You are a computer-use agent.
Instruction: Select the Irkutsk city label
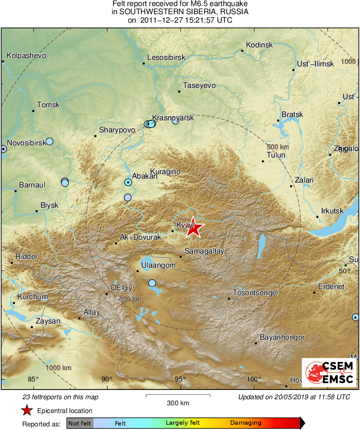tap(332, 211)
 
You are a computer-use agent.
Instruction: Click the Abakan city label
tap(145, 177)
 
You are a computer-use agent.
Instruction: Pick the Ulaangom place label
tap(158, 265)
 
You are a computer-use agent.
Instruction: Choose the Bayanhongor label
tap(282, 337)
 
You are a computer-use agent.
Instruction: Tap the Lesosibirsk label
tap(166, 57)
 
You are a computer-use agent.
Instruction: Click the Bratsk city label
tap(292, 115)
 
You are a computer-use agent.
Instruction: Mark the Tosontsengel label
tap(255, 293)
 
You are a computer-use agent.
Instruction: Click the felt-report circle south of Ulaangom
tap(152, 283)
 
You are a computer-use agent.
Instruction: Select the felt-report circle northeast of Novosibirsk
tap(49, 141)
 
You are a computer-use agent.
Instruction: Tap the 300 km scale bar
tap(178, 395)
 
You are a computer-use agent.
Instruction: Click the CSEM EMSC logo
tap(329, 373)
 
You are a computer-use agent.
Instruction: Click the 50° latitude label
tap(344, 270)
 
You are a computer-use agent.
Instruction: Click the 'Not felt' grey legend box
tap(80, 423)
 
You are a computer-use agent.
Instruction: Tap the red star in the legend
tap(27, 411)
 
